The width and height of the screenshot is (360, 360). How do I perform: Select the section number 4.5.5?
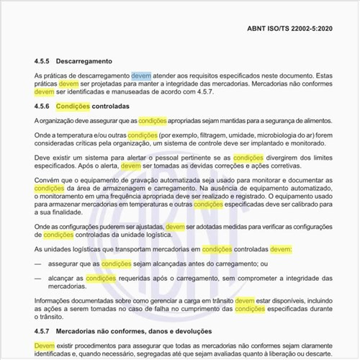tap(44, 62)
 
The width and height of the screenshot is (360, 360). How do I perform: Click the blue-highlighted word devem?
tap(141, 75)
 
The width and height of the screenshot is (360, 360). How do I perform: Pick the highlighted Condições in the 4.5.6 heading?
tap(73, 106)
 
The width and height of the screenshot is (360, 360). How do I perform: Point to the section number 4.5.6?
tap(44, 106)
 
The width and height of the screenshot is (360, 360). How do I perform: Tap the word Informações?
tap(60, 300)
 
